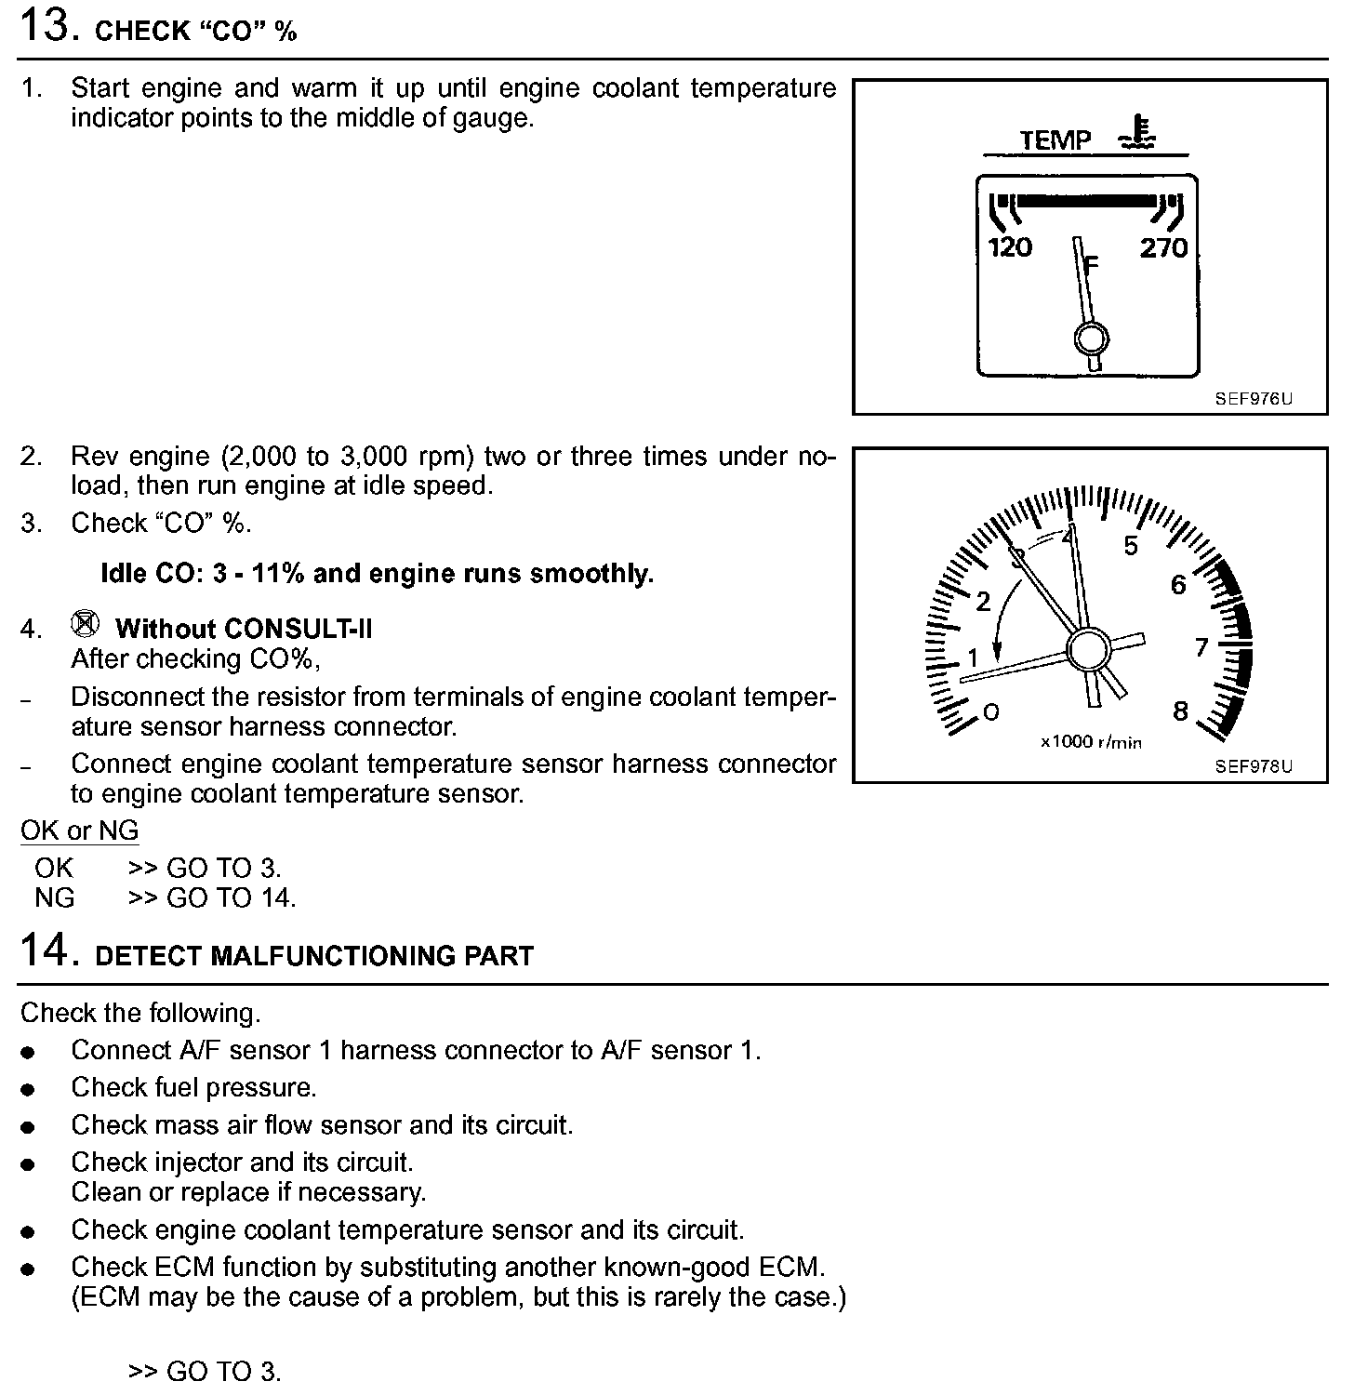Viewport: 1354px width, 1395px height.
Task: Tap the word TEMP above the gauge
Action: tap(1055, 140)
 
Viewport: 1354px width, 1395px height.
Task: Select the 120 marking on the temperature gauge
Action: tap(1010, 247)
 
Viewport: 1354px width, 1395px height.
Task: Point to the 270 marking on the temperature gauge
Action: tap(1164, 247)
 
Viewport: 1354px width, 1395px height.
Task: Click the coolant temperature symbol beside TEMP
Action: tap(1136, 134)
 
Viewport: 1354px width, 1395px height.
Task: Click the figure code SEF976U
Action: tap(1253, 399)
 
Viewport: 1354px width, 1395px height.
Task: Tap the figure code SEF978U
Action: tap(1253, 766)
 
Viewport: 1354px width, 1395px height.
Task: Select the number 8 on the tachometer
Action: tap(1180, 711)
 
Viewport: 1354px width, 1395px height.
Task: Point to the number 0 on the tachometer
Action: tap(991, 712)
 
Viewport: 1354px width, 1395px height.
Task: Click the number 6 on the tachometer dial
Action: tap(1178, 585)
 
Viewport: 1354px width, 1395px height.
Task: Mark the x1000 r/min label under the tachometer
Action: tap(1091, 742)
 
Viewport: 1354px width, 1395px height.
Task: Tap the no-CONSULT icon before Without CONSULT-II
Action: tap(85, 624)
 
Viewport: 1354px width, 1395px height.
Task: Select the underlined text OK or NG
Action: tap(79, 830)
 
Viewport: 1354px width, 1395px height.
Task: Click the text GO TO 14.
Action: tap(231, 897)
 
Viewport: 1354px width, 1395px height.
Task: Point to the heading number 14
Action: tap(45, 950)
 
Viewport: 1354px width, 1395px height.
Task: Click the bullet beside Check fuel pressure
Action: tap(29, 1089)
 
